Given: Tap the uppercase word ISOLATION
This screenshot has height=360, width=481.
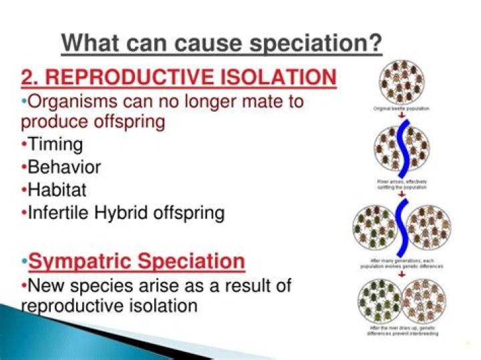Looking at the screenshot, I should (280, 77).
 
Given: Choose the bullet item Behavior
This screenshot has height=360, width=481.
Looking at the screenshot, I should (64, 168).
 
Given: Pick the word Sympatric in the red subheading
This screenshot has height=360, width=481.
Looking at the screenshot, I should (83, 260).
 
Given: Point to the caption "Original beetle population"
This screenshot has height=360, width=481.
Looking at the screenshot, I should (402, 107).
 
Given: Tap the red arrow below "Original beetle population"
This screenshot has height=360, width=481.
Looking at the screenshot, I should (402, 116).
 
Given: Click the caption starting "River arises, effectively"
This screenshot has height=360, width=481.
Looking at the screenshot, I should (402, 184).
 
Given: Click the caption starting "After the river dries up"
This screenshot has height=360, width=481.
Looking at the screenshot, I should (402, 331).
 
